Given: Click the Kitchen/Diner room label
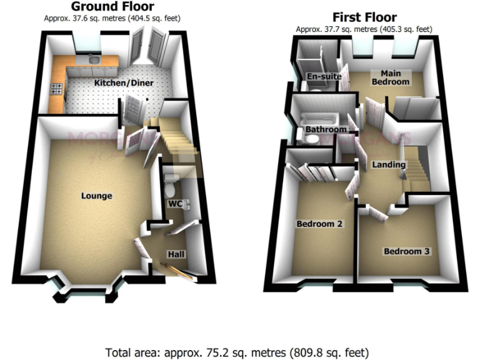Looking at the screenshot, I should pyautogui.click(x=124, y=83).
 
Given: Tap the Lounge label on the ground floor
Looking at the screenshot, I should pyautogui.click(x=97, y=196).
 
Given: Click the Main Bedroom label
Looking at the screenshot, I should pyautogui.click(x=391, y=77).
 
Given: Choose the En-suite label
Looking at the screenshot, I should pyautogui.click(x=324, y=76).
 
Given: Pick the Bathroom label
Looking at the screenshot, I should pyautogui.click(x=326, y=129).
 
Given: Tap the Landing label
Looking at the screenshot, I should pyautogui.click(x=389, y=165).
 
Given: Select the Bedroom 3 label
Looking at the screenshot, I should pyautogui.click(x=406, y=251).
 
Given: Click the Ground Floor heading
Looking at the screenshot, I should pyautogui.click(x=112, y=7).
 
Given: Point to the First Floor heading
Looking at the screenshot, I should pyautogui.click(x=364, y=17).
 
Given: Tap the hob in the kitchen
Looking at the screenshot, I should pyautogui.click(x=56, y=89).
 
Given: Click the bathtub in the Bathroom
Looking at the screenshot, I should pyautogui.click(x=317, y=120).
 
